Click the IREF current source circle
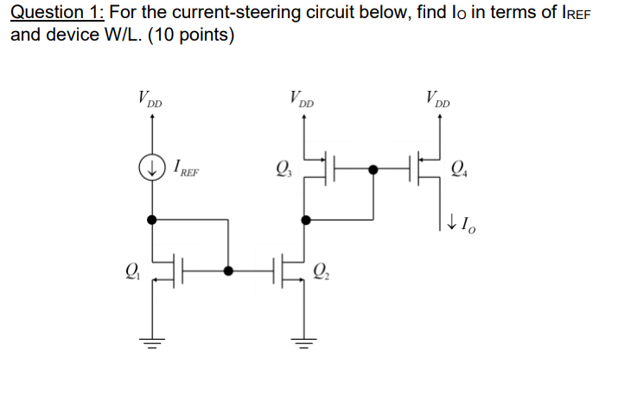153,168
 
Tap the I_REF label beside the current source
186,169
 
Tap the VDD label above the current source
150,99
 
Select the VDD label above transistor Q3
302,99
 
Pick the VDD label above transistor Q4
438,99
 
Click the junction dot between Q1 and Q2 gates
228,271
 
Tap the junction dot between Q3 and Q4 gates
373,169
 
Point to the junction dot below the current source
153,220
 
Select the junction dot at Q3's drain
304,220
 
